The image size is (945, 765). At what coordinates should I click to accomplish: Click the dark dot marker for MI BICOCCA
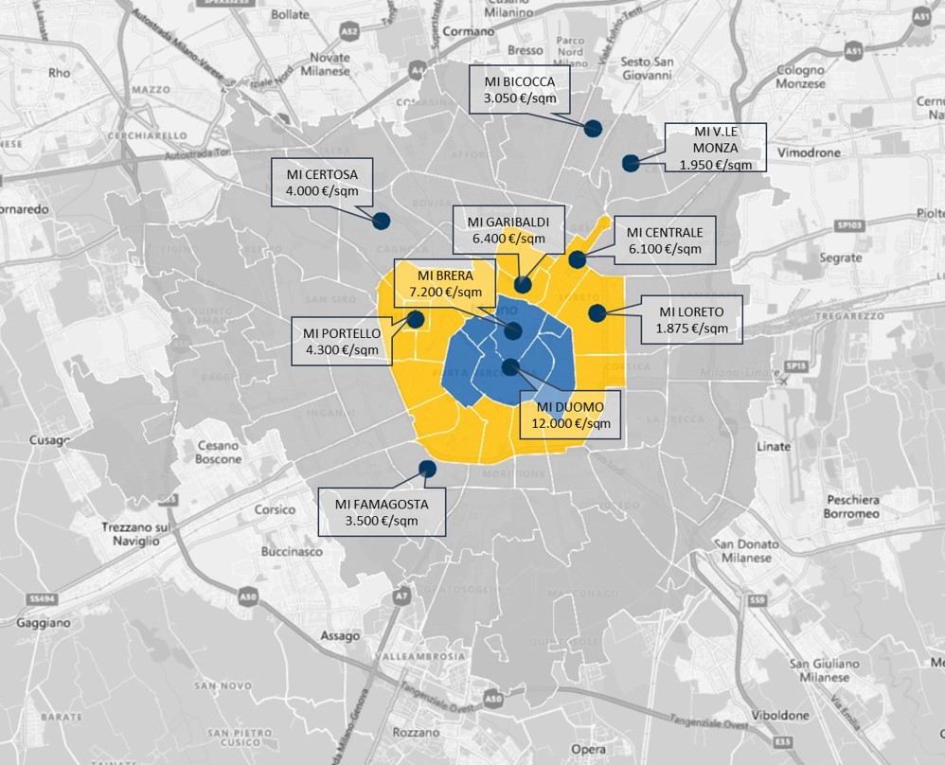point(594,129)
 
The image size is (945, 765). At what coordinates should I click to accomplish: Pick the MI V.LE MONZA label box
point(715,147)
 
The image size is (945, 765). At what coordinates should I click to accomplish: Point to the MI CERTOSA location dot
point(381,221)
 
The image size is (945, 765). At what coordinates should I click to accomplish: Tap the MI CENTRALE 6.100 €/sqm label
point(665,240)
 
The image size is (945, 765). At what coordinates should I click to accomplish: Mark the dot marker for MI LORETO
point(596,312)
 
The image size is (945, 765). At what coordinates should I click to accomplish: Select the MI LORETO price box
point(691,319)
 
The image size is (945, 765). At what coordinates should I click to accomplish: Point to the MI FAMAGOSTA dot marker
point(426,468)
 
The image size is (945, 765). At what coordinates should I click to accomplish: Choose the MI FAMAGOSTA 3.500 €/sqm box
point(382,512)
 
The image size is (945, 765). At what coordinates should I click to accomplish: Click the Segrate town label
point(815,258)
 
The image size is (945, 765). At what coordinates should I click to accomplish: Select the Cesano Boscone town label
point(220,453)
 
